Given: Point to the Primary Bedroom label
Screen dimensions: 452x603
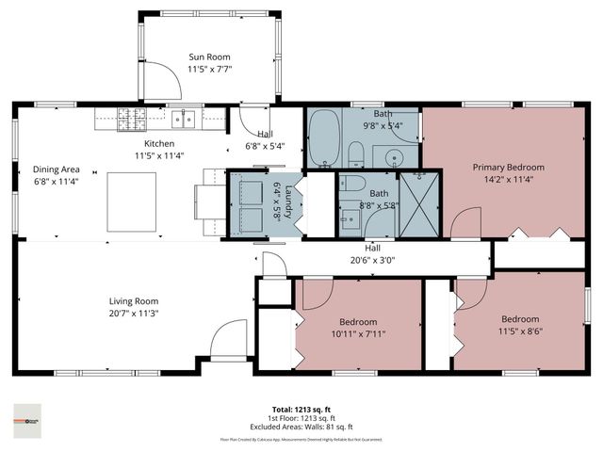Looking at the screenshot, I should coord(508,167).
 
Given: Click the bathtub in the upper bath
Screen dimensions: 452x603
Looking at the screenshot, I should coord(325,139).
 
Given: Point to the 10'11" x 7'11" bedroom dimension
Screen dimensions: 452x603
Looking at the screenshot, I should coord(357,332).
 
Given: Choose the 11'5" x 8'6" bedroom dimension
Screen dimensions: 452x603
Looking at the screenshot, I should coord(519,331).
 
